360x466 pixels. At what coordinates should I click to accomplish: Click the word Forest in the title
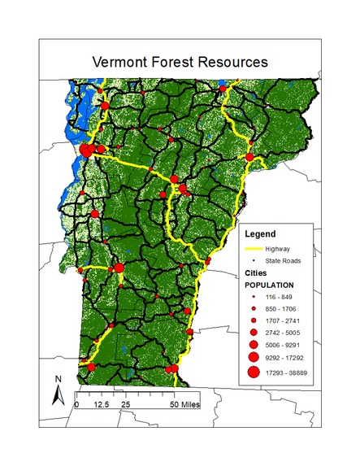click(x=179, y=62)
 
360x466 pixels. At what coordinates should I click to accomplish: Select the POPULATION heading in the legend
click(x=271, y=286)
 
